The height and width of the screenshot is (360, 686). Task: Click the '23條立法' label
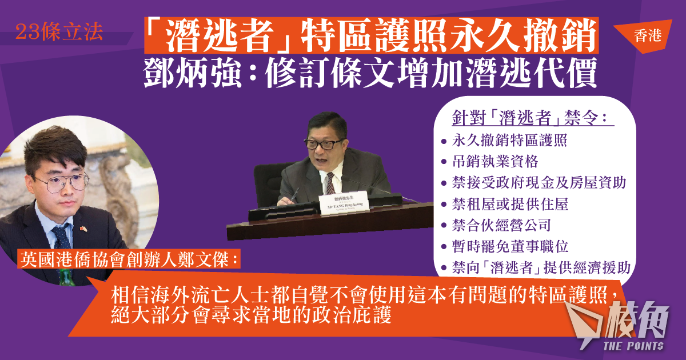tap(59, 32)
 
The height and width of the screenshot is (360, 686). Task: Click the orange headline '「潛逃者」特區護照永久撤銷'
tap(371, 35)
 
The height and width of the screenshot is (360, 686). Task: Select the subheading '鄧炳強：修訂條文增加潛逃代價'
tap(370, 74)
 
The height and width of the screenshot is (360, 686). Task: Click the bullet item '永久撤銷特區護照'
tap(509, 141)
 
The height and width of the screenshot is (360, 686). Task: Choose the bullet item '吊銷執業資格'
tap(495, 162)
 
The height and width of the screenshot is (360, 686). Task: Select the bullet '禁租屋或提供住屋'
tap(510, 204)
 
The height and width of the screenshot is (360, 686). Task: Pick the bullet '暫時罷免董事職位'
tap(510, 246)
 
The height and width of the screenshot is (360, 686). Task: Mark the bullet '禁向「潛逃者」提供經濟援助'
tap(541, 267)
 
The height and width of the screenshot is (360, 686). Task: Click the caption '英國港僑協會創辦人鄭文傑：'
tap(129, 260)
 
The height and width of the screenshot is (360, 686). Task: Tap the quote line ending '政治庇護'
tap(251, 316)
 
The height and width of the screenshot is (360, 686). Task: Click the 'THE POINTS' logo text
tap(633, 346)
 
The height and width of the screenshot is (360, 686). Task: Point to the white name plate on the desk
tap(344, 203)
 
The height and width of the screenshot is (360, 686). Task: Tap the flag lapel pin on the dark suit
tap(83, 229)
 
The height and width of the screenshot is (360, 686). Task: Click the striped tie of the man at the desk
tap(330, 183)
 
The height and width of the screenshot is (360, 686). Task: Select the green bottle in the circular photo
tap(66, 277)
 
